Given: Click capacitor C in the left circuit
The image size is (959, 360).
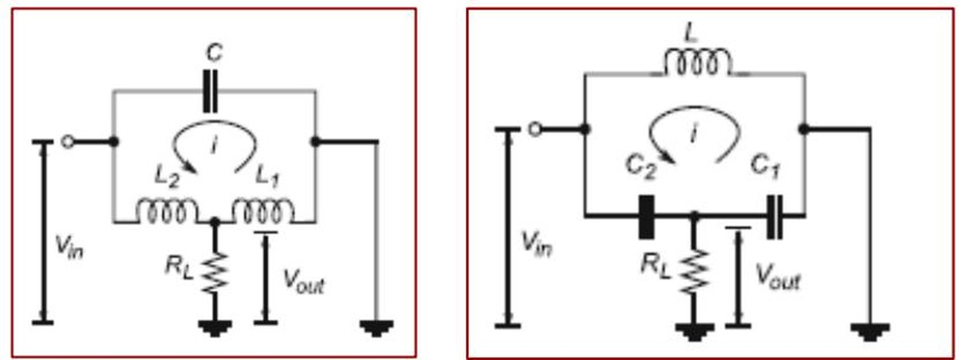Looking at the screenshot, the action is pos(210,91).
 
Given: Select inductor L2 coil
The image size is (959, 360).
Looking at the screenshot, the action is pos(167,211).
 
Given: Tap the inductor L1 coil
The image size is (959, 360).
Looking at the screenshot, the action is pos(263,211).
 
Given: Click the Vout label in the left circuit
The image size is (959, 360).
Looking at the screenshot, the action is pos(304,280).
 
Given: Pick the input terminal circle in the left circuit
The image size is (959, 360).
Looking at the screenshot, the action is pos(68,142).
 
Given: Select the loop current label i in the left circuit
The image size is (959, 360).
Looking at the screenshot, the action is pos(213,146).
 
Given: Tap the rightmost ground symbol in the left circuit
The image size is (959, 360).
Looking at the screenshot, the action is pos(377,327).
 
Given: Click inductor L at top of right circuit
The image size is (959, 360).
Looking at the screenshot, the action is pos(697,63).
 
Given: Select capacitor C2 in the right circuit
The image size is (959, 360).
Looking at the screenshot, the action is pos(646,216).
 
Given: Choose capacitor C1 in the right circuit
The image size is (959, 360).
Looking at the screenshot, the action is pos(774,216).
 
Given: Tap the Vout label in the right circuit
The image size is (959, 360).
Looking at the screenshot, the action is pos(777,276).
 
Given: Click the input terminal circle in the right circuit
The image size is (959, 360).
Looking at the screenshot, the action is pos(536,129).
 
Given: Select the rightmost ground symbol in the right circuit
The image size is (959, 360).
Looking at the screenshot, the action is pos(870,331).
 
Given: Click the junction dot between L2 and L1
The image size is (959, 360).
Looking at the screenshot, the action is pos(215,222).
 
